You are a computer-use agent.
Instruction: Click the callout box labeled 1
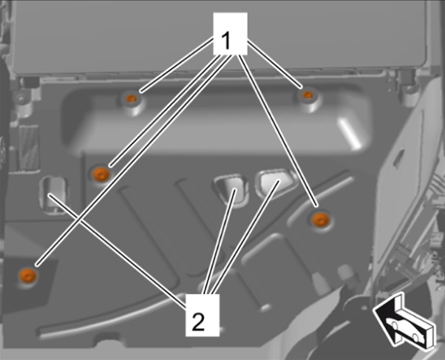230,33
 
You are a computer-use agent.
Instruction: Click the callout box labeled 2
203,315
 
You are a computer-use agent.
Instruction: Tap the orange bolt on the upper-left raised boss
131,98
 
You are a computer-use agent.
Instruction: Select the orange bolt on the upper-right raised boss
307,95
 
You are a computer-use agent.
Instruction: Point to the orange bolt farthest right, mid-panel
320,220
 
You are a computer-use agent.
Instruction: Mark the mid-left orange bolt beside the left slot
101,174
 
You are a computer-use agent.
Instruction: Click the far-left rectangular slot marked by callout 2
54,194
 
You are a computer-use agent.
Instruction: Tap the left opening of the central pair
231,188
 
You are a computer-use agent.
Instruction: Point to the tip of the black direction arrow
373,310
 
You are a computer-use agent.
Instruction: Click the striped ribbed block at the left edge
28,148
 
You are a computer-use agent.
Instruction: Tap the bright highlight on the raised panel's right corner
350,134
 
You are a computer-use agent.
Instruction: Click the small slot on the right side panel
398,155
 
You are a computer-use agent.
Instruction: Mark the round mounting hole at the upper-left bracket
21,98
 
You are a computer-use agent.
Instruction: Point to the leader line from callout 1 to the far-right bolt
278,130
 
